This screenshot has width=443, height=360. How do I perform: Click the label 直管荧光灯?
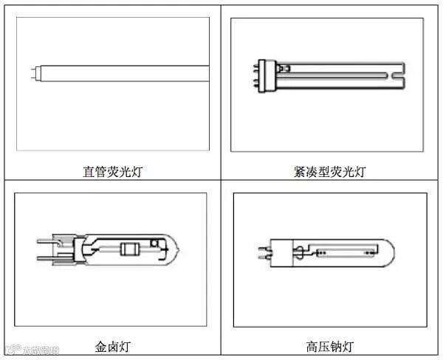112,172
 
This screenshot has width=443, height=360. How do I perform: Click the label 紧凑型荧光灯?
329,172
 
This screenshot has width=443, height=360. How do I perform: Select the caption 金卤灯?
112,345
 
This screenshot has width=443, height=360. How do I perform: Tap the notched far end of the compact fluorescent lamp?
398,72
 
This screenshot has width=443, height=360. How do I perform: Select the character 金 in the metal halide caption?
100,345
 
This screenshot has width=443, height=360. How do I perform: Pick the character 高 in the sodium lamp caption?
310,345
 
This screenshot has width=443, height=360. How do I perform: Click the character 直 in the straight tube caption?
88,172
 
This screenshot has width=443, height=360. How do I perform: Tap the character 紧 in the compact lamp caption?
299,172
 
